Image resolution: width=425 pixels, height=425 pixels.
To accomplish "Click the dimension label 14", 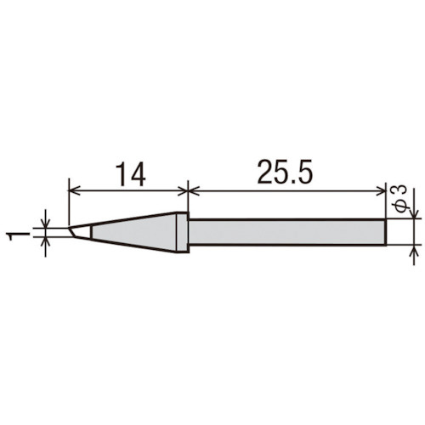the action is click(131, 174).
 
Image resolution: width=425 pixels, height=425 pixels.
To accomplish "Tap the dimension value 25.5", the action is click(285, 171).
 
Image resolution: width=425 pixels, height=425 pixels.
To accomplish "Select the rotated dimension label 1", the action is click(19, 236).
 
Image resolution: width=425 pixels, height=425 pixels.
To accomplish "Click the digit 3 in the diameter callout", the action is click(400, 191).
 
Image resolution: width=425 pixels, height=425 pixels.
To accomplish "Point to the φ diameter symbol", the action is click(401, 206).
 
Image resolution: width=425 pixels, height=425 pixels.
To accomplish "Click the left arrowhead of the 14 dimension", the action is click(74, 191).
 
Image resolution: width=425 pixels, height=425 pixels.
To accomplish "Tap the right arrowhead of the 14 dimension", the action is click(183, 191).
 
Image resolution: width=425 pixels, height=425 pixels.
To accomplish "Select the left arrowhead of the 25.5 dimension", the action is click(194, 191).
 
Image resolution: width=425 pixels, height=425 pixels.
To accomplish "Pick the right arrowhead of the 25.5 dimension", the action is click(381, 191).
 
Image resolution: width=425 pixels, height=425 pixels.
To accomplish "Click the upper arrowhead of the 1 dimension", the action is click(46, 223).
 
